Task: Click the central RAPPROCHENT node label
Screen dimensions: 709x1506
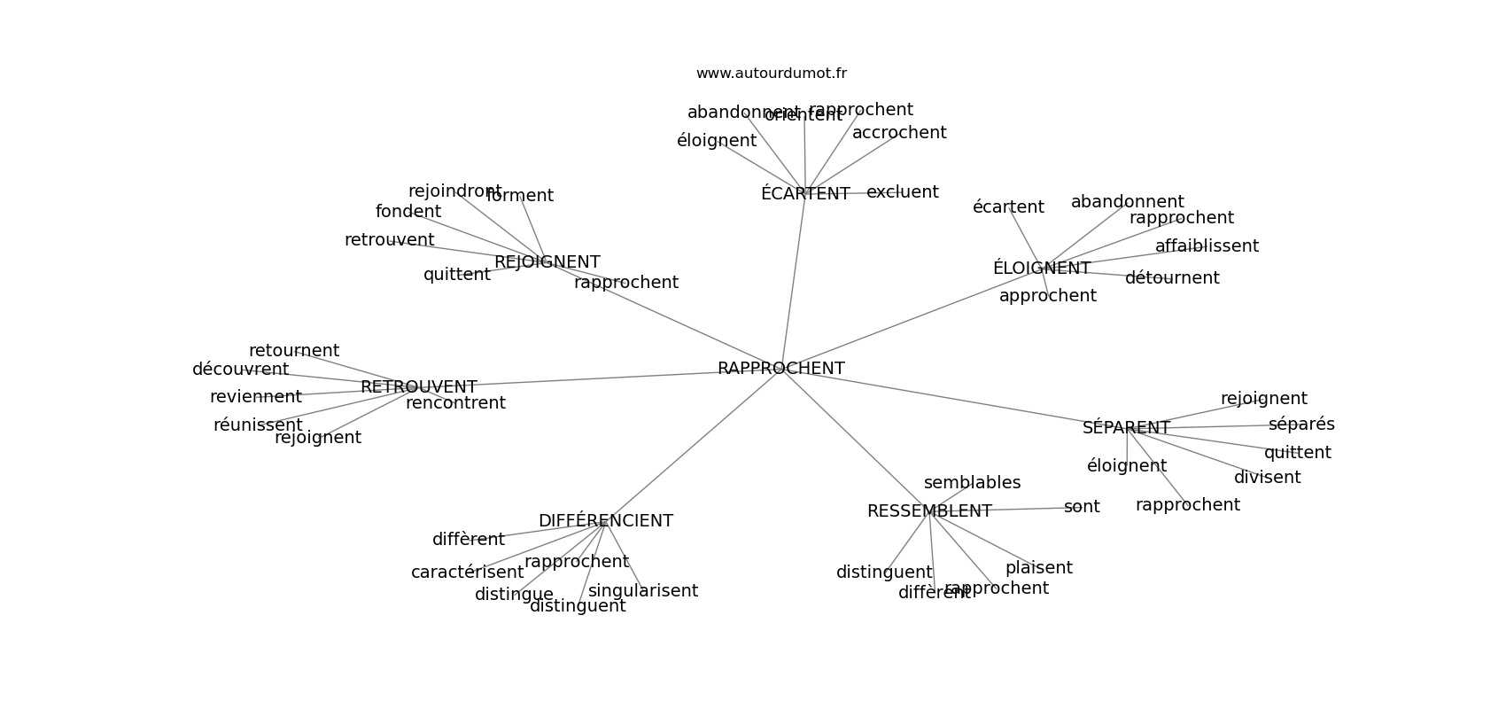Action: coord(780,369)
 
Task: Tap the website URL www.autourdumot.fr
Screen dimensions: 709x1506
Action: coord(771,74)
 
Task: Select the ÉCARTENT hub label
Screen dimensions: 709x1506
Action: coord(804,194)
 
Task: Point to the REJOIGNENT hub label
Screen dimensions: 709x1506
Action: coord(547,262)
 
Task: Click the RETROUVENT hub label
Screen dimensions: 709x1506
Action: coord(418,387)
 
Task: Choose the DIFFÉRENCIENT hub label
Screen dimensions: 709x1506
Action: coord(605,521)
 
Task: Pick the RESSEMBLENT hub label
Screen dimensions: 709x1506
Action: coord(928,511)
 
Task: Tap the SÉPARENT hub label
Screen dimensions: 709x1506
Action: coord(1126,428)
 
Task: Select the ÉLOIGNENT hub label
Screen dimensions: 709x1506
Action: coord(1041,269)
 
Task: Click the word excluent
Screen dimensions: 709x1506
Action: coord(902,192)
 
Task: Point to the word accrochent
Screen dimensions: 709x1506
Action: coord(899,133)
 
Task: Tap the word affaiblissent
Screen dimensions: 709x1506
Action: coord(1206,246)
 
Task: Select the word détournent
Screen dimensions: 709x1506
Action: coord(1171,278)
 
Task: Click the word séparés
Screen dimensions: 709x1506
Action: coord(1300,425)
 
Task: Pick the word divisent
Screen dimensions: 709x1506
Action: coord(1267,478)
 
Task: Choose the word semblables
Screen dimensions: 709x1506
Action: coord(972,483)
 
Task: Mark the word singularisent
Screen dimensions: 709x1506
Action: coord(642,591)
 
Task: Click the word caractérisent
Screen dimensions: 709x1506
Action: coord(467,573)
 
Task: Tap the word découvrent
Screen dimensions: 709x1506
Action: coord(240,370)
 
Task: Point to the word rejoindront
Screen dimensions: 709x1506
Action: coord(454,191)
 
